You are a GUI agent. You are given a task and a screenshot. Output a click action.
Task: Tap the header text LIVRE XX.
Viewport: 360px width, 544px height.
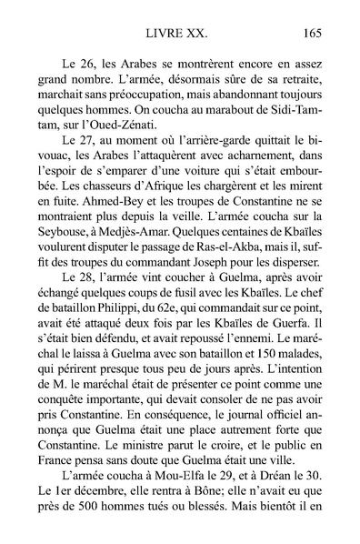(177, 35)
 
